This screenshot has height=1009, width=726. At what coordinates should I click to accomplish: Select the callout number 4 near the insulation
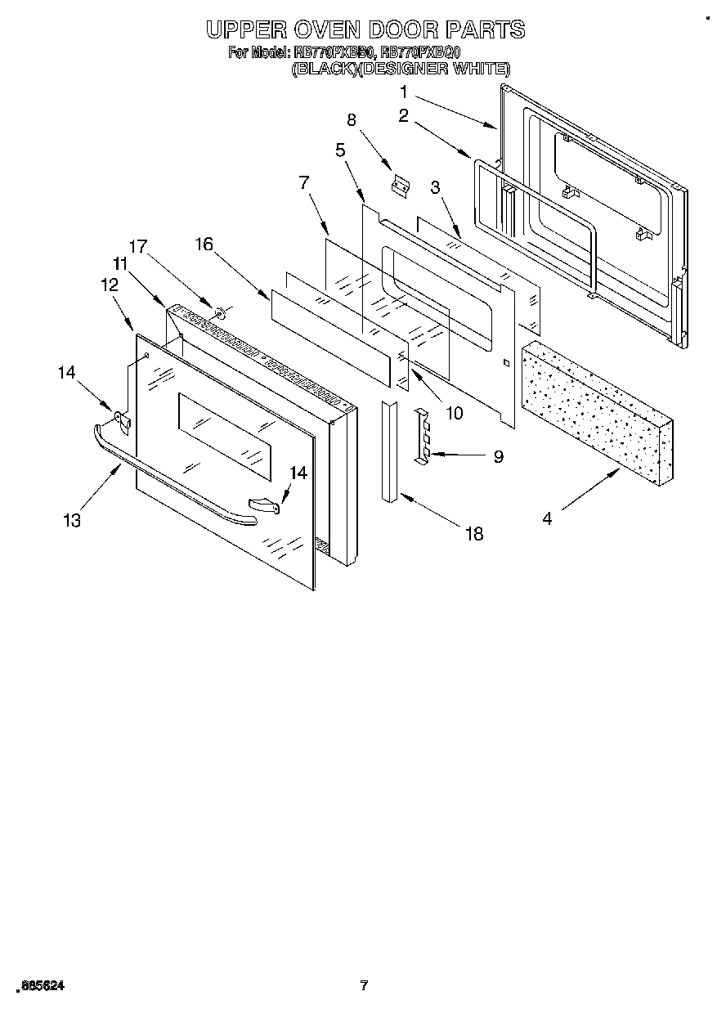[547, 518]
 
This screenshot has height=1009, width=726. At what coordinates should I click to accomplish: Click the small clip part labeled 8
[400, 186]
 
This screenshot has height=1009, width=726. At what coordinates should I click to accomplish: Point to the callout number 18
[473, 534]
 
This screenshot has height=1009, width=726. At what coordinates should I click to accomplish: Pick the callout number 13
[72, 520]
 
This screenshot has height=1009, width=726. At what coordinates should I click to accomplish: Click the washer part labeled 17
[219, 312]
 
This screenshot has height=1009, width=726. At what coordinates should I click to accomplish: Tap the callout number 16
[204, 243]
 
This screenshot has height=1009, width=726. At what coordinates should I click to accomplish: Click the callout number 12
[109, 285]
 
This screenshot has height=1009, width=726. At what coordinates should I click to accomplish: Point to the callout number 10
[453, 413]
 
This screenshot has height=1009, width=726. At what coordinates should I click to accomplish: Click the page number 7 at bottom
[365, 985]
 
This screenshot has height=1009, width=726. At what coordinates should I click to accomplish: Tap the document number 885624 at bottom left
[38, 986]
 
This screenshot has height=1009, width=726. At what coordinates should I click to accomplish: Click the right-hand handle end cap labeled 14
[265, 506]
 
